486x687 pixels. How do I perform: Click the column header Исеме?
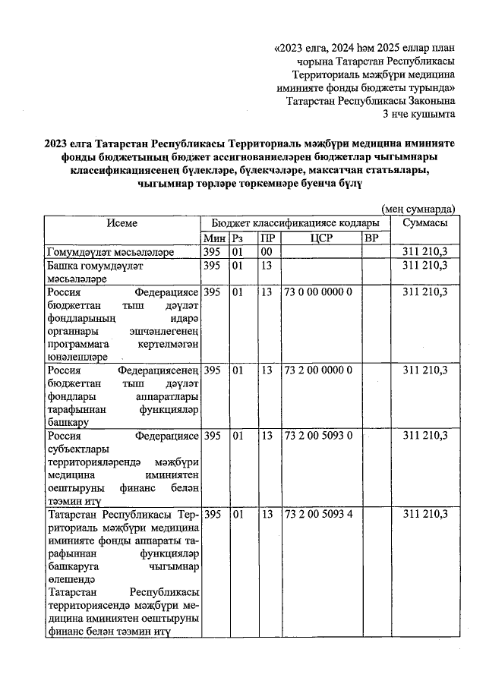(121, 223)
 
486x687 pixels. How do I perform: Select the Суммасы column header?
(424, 223)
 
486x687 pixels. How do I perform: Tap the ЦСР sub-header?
(321, 238)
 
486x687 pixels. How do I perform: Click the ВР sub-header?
(371, 238)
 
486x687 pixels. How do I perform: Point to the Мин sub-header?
(215, 238)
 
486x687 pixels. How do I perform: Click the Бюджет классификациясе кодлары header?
(295, 223)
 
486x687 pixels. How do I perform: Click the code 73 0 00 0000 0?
(317, 292)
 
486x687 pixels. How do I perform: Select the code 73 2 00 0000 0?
(317, 370)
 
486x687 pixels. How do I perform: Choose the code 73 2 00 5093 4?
(317, 514)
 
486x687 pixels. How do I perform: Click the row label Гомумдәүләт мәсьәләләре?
(111, 252)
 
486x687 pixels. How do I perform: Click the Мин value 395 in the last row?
(213, 514)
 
